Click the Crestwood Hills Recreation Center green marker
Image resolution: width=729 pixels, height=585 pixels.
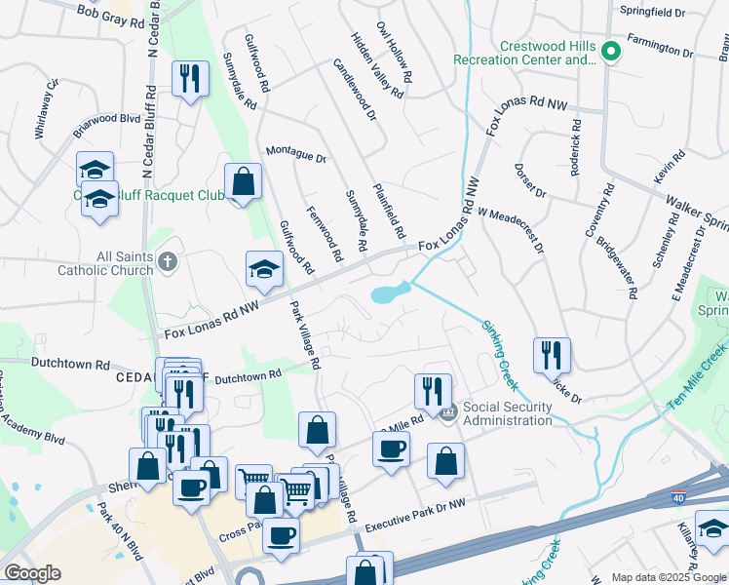611,52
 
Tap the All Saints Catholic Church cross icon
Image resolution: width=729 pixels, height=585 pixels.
168,261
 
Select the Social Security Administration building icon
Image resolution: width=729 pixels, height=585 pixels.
448,412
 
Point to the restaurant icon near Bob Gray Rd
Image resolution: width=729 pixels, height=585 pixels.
190,78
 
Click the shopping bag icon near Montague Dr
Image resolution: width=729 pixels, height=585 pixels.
243,181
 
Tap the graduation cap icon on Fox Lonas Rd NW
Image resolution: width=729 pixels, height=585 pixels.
263,270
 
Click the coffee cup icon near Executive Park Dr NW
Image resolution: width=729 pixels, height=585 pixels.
282,536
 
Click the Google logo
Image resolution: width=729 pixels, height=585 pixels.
33,573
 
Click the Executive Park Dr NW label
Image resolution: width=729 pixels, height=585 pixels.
416,515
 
